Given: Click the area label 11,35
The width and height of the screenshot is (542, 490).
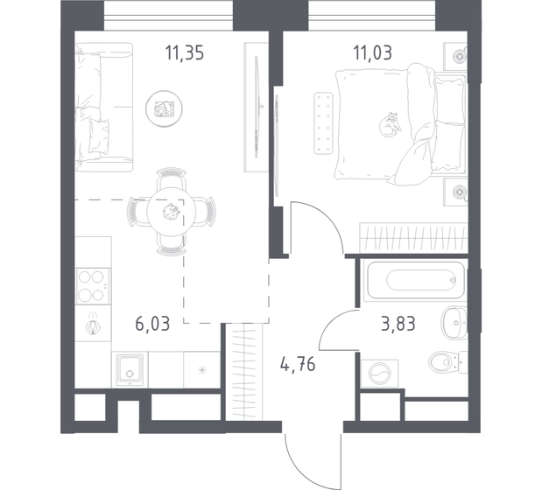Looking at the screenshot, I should pyautogui.click(x=185, y=50).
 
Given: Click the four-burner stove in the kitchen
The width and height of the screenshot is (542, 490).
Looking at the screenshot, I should pyautogui.click(x=91, y=283).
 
